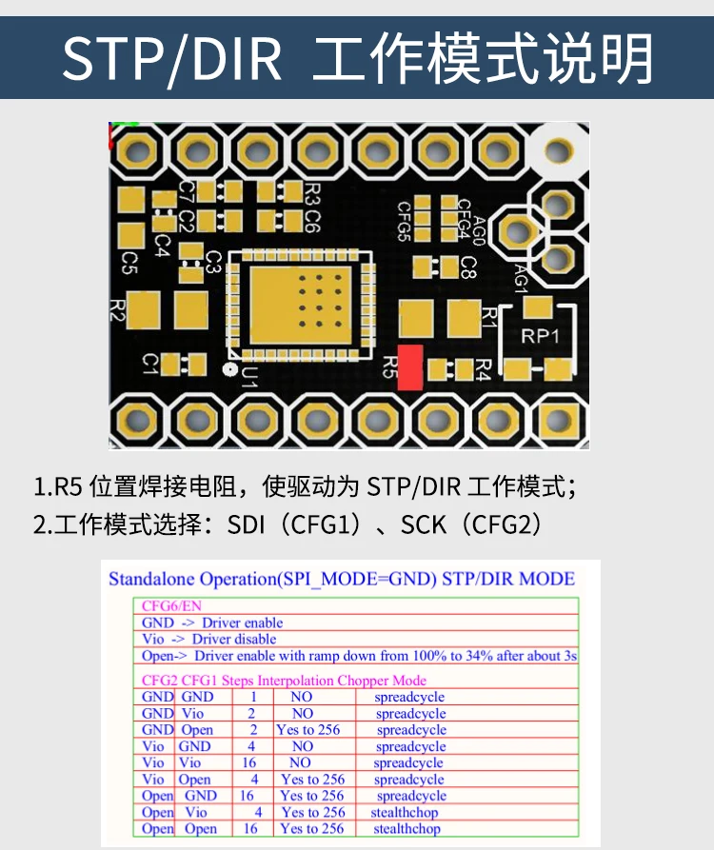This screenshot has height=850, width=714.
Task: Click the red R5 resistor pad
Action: coord(410,367)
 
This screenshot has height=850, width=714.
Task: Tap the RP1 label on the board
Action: coord(540,336)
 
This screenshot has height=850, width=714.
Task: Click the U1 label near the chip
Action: coord(248,376)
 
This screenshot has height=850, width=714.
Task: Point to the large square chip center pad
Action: coord(300,306)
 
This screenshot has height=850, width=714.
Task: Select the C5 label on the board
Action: coord(129,263)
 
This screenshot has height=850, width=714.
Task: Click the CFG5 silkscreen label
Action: coord(404,221)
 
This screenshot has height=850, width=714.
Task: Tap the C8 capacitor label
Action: coord(468,267)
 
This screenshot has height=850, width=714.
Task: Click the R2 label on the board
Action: coord(117,309)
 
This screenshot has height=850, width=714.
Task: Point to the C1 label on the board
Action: coord(150,365)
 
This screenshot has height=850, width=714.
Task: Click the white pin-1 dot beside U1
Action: coord(230,369)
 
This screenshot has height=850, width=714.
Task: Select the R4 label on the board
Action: coord(483,369)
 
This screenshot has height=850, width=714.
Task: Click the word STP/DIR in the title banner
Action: coord(172,59)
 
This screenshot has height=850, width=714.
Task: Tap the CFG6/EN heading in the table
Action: coord(171,606)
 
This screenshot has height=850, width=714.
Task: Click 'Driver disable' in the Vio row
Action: coord(234,639)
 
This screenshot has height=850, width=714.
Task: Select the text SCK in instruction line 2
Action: coord(424,524)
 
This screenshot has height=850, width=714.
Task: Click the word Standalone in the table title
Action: coord(151,579)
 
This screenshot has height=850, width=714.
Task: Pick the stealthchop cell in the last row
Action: coord(407,828)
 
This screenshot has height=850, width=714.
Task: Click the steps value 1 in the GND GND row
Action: coord(253,697)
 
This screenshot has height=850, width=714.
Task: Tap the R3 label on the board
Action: coord(312,194)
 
